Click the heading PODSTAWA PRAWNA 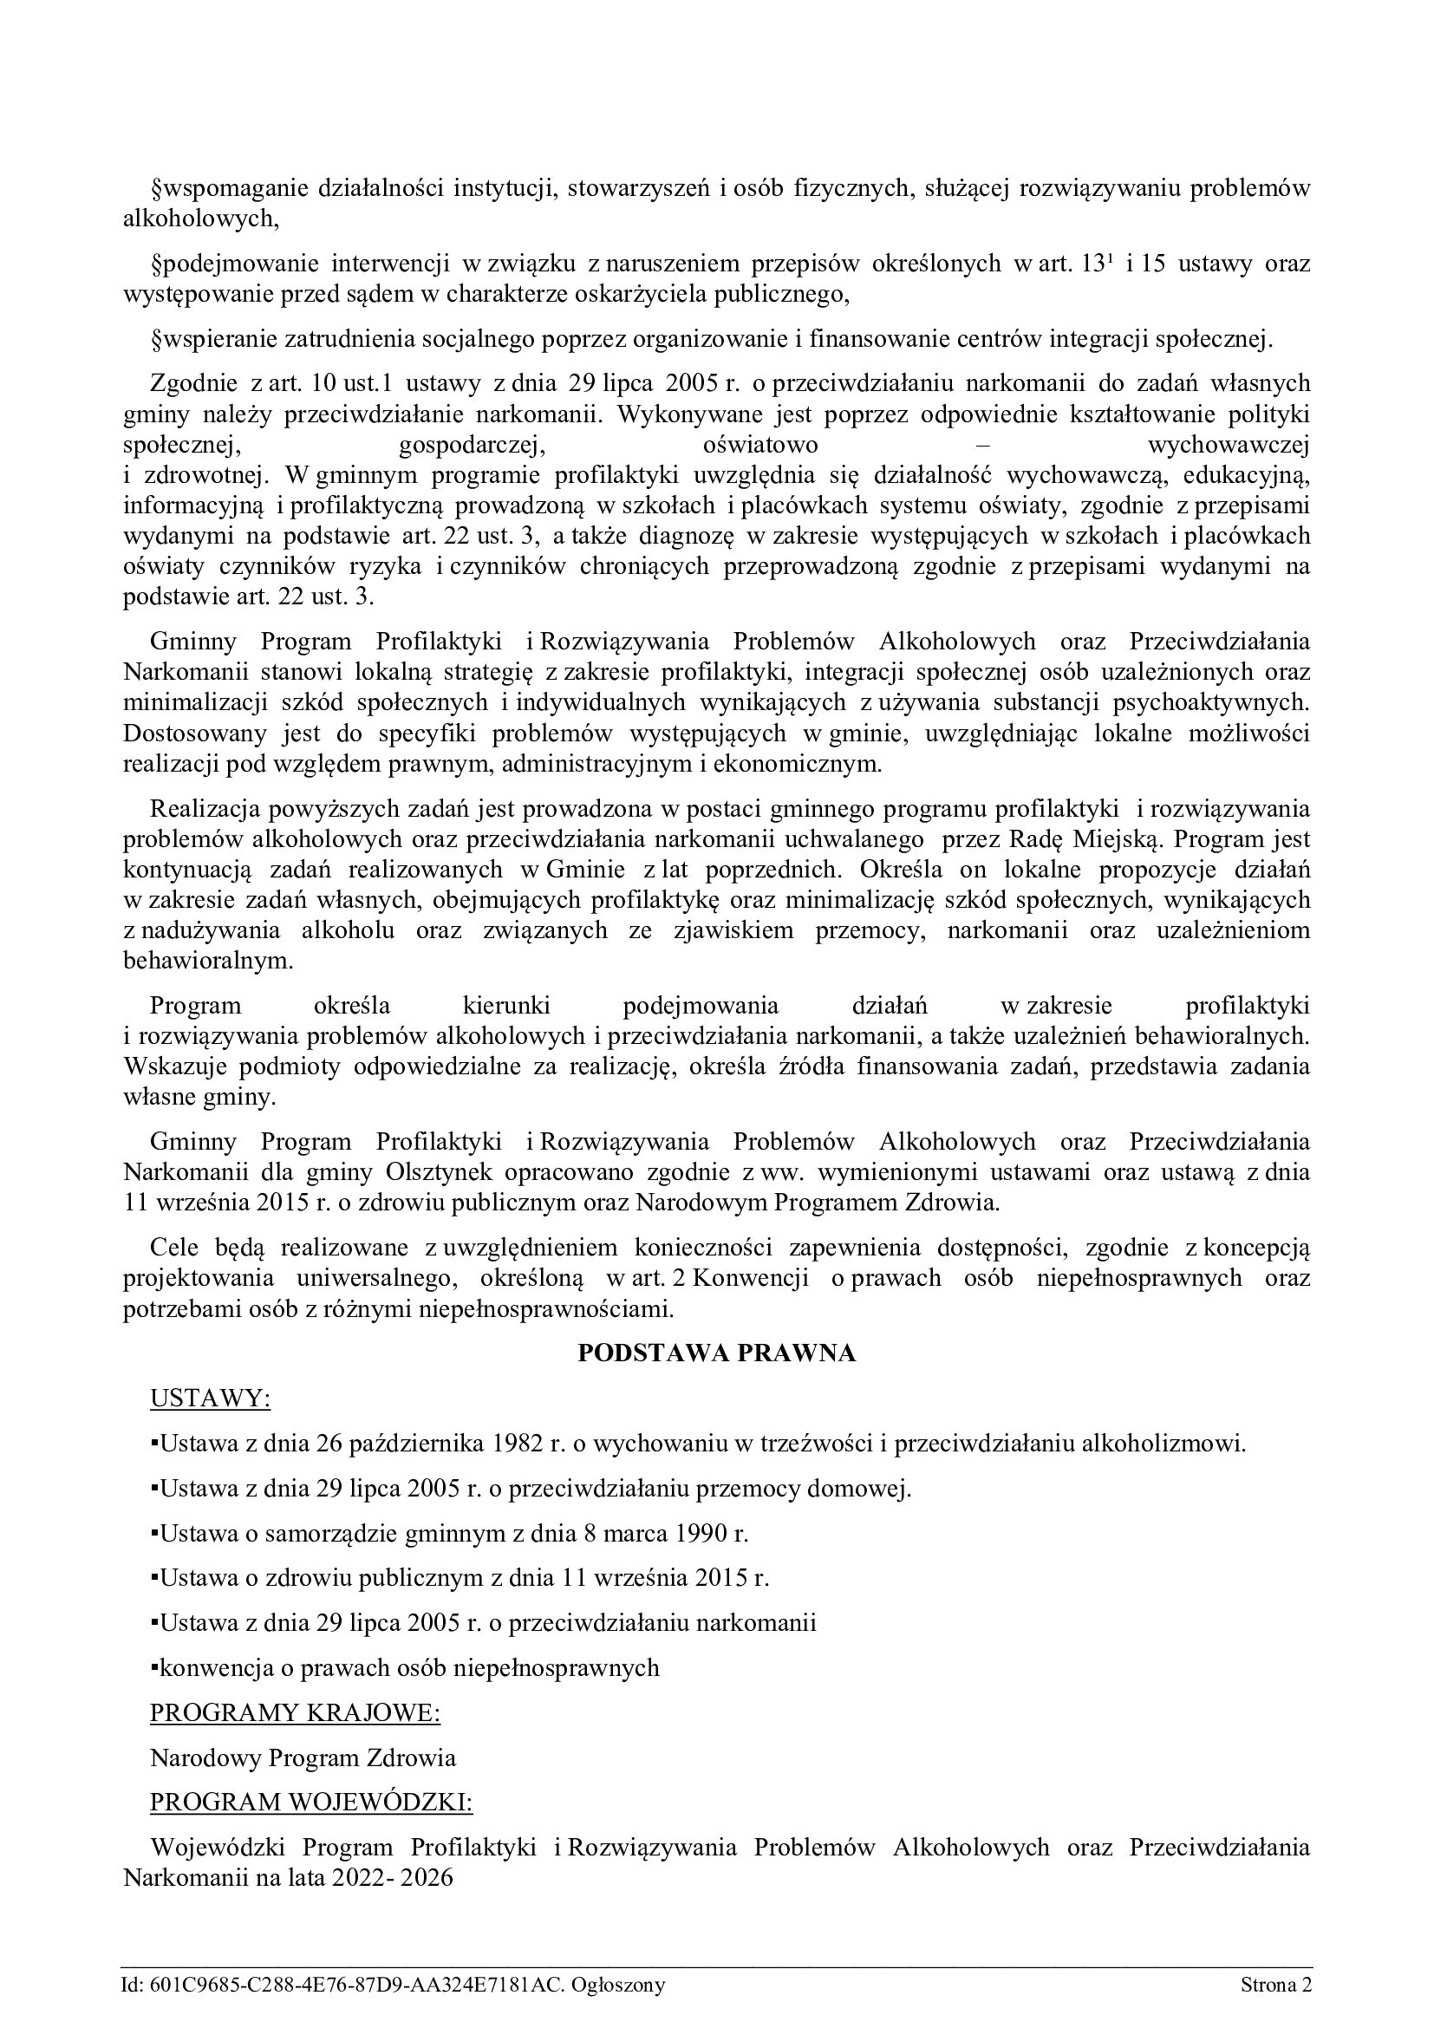point(716,1353)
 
